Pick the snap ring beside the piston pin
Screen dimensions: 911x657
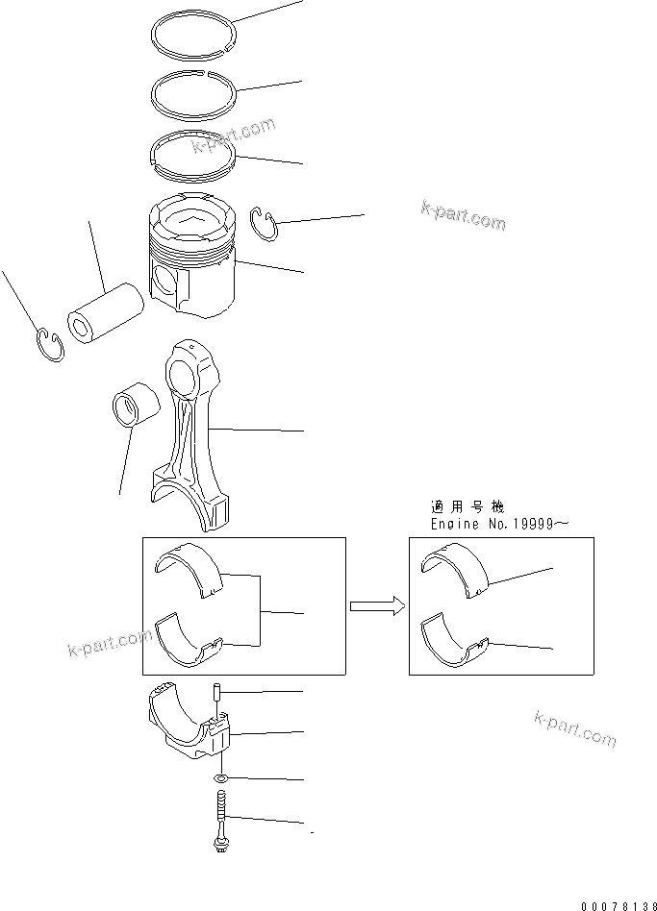51,343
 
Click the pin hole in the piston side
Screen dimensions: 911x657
165,285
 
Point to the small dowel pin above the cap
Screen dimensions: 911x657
217,692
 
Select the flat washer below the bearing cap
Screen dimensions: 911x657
222,776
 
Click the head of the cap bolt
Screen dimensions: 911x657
219,846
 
